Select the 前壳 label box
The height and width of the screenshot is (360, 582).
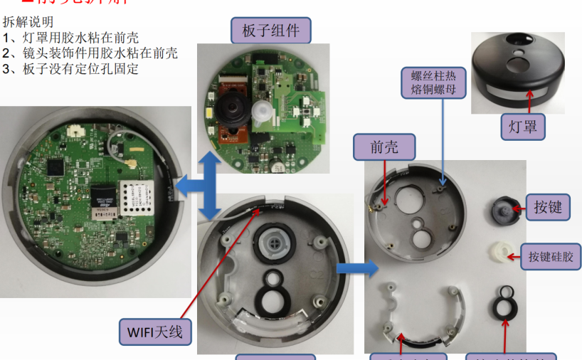click(x=384, y=147)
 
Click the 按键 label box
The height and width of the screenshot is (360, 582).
click(x=548, y=206)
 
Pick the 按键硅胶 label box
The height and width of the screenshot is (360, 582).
click(x=551, y=253)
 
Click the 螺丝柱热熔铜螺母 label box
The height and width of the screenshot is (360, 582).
click(x=433, y=83)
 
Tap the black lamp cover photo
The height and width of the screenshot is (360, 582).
click(x=517, y=70)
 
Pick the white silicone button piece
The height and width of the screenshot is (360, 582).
click(x=504, y=251)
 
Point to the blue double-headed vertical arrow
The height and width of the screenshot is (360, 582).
click(x=208, y=184)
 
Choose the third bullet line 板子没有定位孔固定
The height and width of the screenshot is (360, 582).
click(x=71, y=68)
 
